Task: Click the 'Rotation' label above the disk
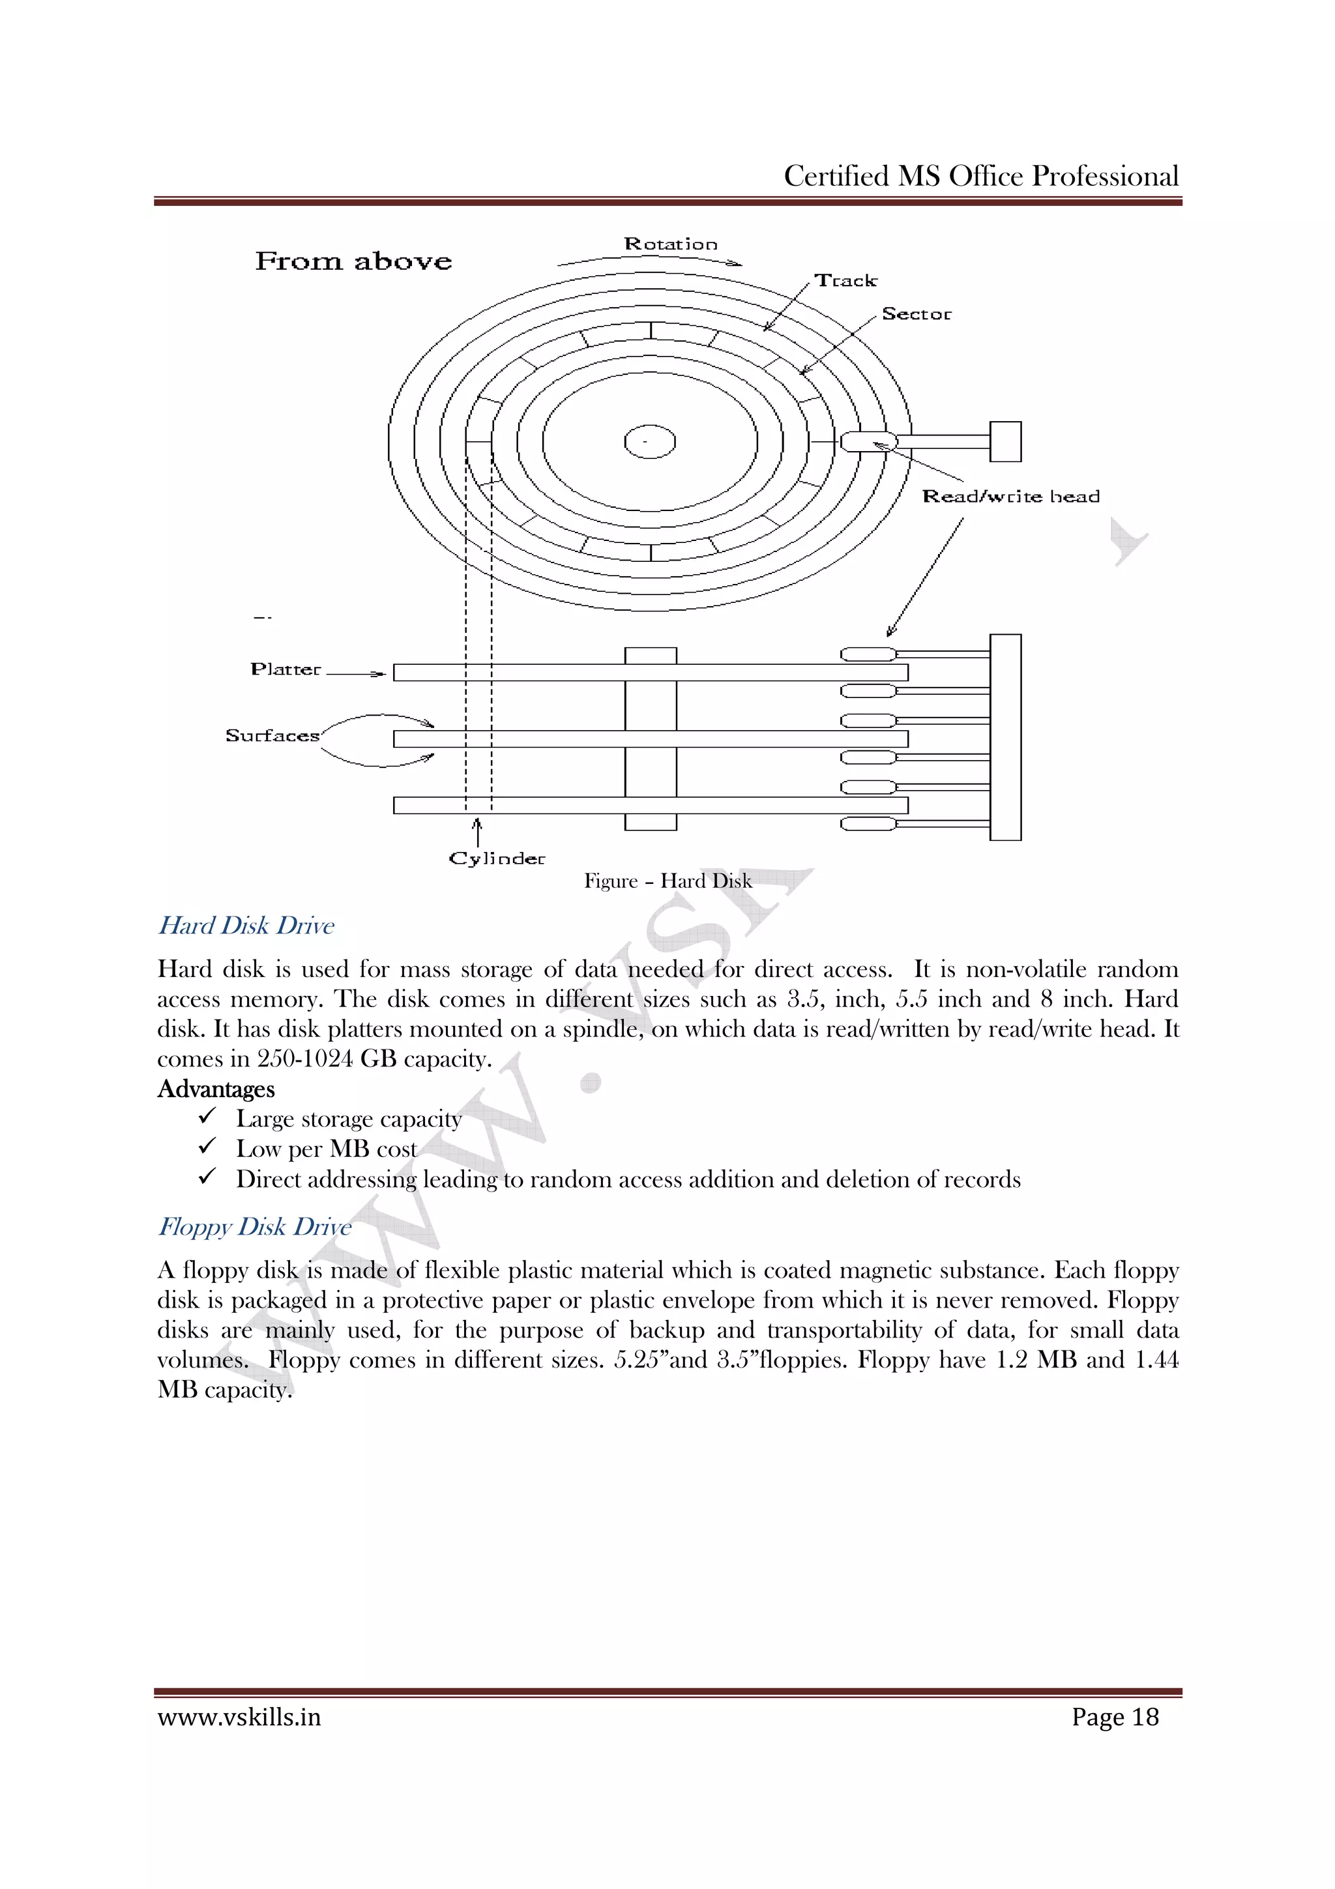pos(670,244)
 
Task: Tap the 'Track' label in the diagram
pos(845,280)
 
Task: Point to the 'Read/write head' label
pos(1010,496)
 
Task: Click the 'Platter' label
pos(286,669)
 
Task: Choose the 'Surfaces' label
pos(272,735)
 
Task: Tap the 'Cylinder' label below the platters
pos(497,858)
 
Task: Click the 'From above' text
pos(353,261)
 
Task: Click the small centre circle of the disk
pos(650,442)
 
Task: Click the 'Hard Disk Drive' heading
pos(246,926)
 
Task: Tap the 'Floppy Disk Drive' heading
pos(254,1227)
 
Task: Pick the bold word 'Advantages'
pos(216,1089)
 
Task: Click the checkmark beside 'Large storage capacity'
pos(207,1117)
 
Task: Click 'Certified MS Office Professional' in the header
pos(980,176)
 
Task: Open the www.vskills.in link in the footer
pos(239,1717)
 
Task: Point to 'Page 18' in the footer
pos(1115,1717)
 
